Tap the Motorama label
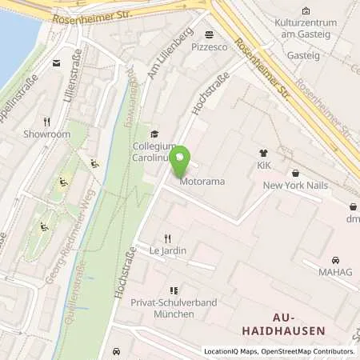[x=202, y=182]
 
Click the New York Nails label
[x=295, y=186]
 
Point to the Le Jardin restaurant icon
[x=167, y=238]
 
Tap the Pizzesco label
[x=209, y=47]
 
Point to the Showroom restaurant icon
[x=47, y=122]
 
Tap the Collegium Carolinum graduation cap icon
[x=154, y=134]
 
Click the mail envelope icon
[x=57, y=62]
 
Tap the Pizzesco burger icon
[x=209, y=34]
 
